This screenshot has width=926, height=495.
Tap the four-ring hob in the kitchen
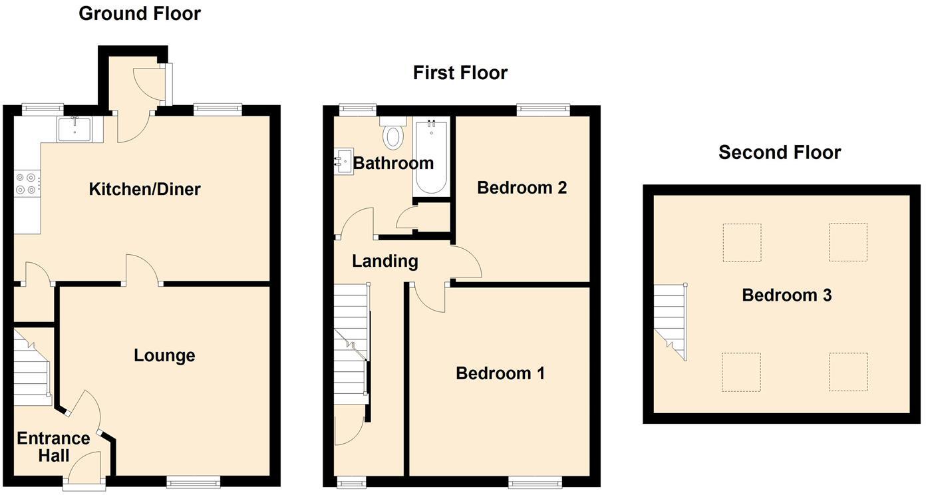click(26, 184)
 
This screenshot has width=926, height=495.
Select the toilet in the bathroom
click(393, 135)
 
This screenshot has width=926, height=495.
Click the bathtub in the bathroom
click(432, 157)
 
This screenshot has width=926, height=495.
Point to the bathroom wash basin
click(344, 161)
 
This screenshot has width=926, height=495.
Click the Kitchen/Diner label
click(144, 190)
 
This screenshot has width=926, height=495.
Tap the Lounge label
click(164, 355)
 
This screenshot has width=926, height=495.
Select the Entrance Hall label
click(53, 447)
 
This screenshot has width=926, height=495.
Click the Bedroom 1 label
click(500, 373)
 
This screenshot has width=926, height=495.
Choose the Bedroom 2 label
click(522, 188)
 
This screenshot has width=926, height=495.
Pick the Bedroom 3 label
click(786, 295)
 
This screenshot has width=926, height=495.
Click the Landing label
click(385, 261)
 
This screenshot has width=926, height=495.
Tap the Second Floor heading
click(780, 152)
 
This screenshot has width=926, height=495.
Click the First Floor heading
click(460, 73)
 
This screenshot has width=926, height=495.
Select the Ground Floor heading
click(140, 13)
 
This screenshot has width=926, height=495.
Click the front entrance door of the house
click(84, 471)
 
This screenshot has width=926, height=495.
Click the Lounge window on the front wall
click(193, 482)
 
